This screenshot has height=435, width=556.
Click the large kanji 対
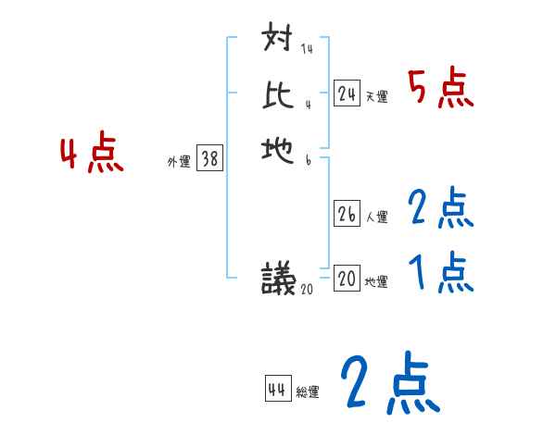278,41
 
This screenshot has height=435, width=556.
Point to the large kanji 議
278,277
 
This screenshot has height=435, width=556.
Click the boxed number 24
347,93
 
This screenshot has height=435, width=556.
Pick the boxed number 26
347,215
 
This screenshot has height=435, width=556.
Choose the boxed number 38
209,159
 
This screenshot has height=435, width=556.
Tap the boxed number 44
277,390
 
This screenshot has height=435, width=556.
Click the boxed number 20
347,279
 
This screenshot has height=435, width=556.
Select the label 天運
376,96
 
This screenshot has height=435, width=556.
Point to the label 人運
376,217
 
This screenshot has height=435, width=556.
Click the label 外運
179,162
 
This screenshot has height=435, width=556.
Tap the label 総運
308,392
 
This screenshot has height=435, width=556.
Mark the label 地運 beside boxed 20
376,281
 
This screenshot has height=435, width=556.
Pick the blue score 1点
441,272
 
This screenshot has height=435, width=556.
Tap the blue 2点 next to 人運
441,208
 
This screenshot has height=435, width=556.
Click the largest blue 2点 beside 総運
389,383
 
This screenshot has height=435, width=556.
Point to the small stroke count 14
307,49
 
